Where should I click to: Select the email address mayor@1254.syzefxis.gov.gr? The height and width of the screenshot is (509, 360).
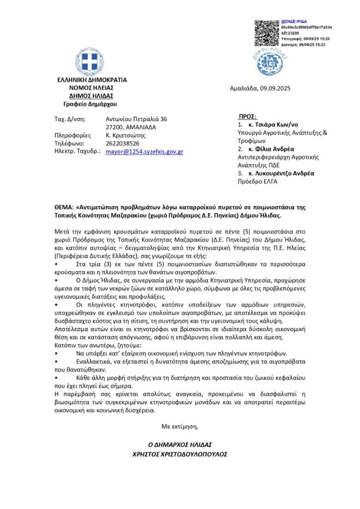pos(145,151)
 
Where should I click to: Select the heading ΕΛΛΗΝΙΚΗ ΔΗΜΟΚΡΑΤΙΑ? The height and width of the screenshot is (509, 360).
pos(92,80)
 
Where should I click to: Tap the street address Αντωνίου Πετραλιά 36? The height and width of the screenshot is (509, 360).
pos(136,119)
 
